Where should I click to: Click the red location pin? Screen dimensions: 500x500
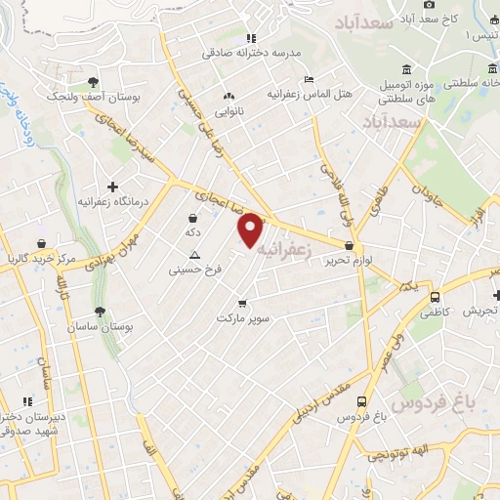[251, 229]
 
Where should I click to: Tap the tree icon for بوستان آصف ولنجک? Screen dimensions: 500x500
[92, 83]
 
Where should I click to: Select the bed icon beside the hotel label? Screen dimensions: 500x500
[310, 79]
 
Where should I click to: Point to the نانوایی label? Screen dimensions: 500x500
[229, 111]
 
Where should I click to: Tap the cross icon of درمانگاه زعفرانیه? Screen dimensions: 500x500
[113, 186]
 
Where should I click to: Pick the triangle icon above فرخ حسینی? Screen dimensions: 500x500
[193, 254]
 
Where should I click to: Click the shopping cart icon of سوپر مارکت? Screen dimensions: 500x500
[242, 303]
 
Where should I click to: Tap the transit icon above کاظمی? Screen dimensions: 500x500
[436, 297]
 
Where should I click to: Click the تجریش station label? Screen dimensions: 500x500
[481, 312]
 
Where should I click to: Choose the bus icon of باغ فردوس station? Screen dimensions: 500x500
[362, 401]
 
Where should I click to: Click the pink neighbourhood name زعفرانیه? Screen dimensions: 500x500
[285, 250]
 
